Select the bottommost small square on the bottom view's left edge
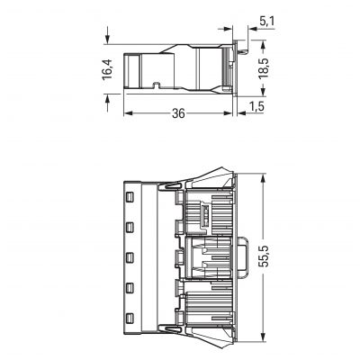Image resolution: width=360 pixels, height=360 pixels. (x=130, y=318)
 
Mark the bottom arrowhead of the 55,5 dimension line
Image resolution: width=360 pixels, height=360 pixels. (x=261, y=342)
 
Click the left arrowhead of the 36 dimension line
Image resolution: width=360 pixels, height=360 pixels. (x=127, y=113)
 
